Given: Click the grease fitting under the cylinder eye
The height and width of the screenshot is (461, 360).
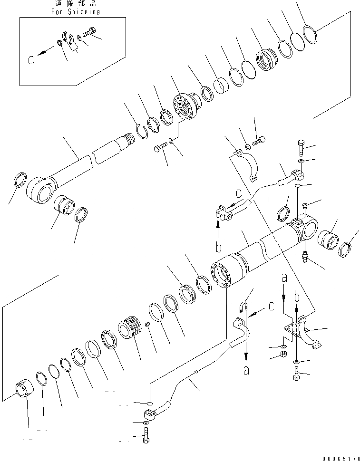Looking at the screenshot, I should tap(304, 257).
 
